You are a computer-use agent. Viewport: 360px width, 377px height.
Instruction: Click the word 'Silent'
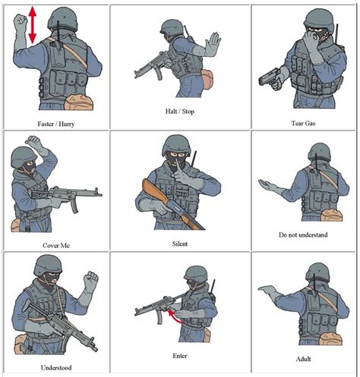(180, 243)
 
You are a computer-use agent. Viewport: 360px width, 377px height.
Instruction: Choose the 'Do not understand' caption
(303, 235)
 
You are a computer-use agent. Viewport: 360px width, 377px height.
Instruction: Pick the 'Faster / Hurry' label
(55, 123)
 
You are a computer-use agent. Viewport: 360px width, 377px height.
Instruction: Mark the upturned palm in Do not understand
(270, 184)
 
